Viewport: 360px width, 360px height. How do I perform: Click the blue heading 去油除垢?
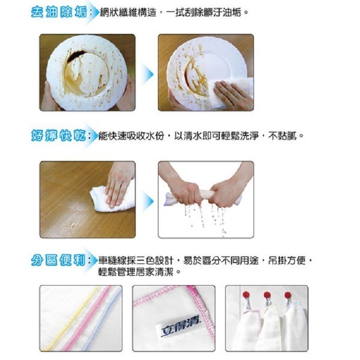point(58,13)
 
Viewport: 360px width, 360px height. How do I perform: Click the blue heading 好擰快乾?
point(58,136)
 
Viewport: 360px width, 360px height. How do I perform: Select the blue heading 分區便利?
point(58,261)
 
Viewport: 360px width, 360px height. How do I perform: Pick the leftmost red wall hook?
point(246,294)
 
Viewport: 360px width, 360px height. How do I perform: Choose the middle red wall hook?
point(267,295)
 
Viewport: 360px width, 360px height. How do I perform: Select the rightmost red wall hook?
point(288,295)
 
